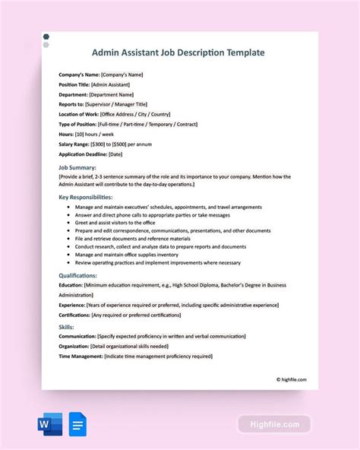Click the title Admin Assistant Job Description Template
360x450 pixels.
[x=178, y=53]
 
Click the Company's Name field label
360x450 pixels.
[x=78, y=74]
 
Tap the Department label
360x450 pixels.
[x=74, y=94]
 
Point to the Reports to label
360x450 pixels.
[x=73, y=104]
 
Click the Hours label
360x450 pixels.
[x=67, y=134]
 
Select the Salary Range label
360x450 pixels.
[x=75, y=144]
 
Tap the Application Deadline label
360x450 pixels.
[x=82, y=154]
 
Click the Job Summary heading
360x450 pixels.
[x=78, y=166]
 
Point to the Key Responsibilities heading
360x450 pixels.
[x=90, y=196]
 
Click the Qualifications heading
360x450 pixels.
[x=78, y=275]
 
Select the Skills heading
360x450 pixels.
[x=67, y=327]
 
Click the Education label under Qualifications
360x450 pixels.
[x=72, y=285]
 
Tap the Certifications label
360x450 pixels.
[x=77, y=315]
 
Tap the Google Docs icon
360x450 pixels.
[x=78, y=423]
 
